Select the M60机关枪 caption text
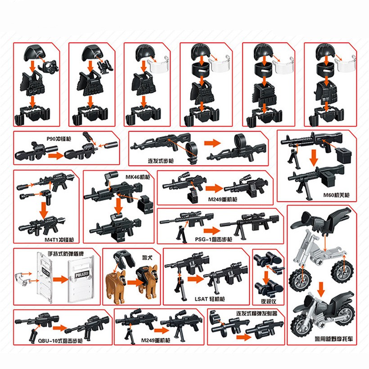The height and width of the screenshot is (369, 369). tap(333, 195)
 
